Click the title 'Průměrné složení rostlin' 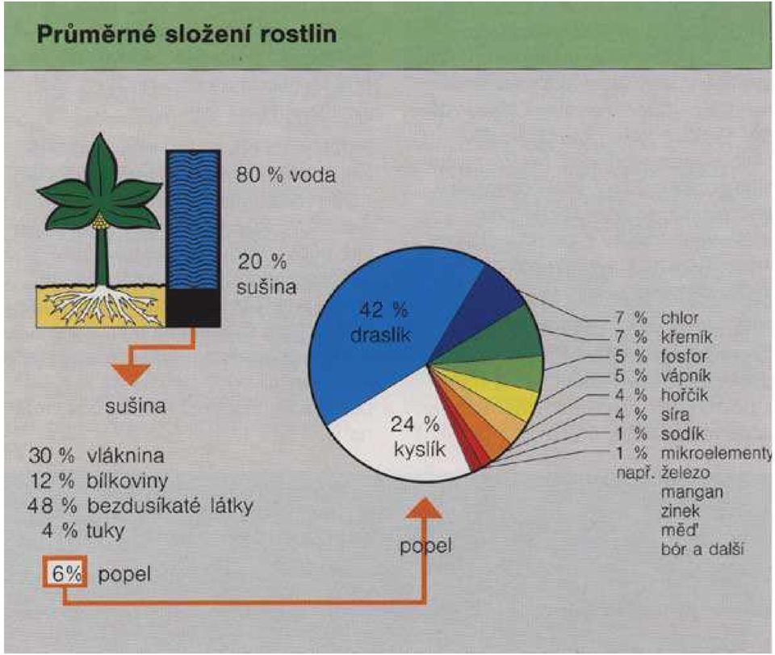pos(186,35)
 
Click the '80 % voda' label pos(286,175)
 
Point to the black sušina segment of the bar pos(193,308)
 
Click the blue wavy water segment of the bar pos(193,220)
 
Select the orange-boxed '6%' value pos(65,573)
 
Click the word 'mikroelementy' pos(716,453)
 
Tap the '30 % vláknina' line pos(96,456)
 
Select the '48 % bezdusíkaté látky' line pos(140,506)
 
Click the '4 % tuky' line pos(83,531)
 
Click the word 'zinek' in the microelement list pos(680,510)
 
